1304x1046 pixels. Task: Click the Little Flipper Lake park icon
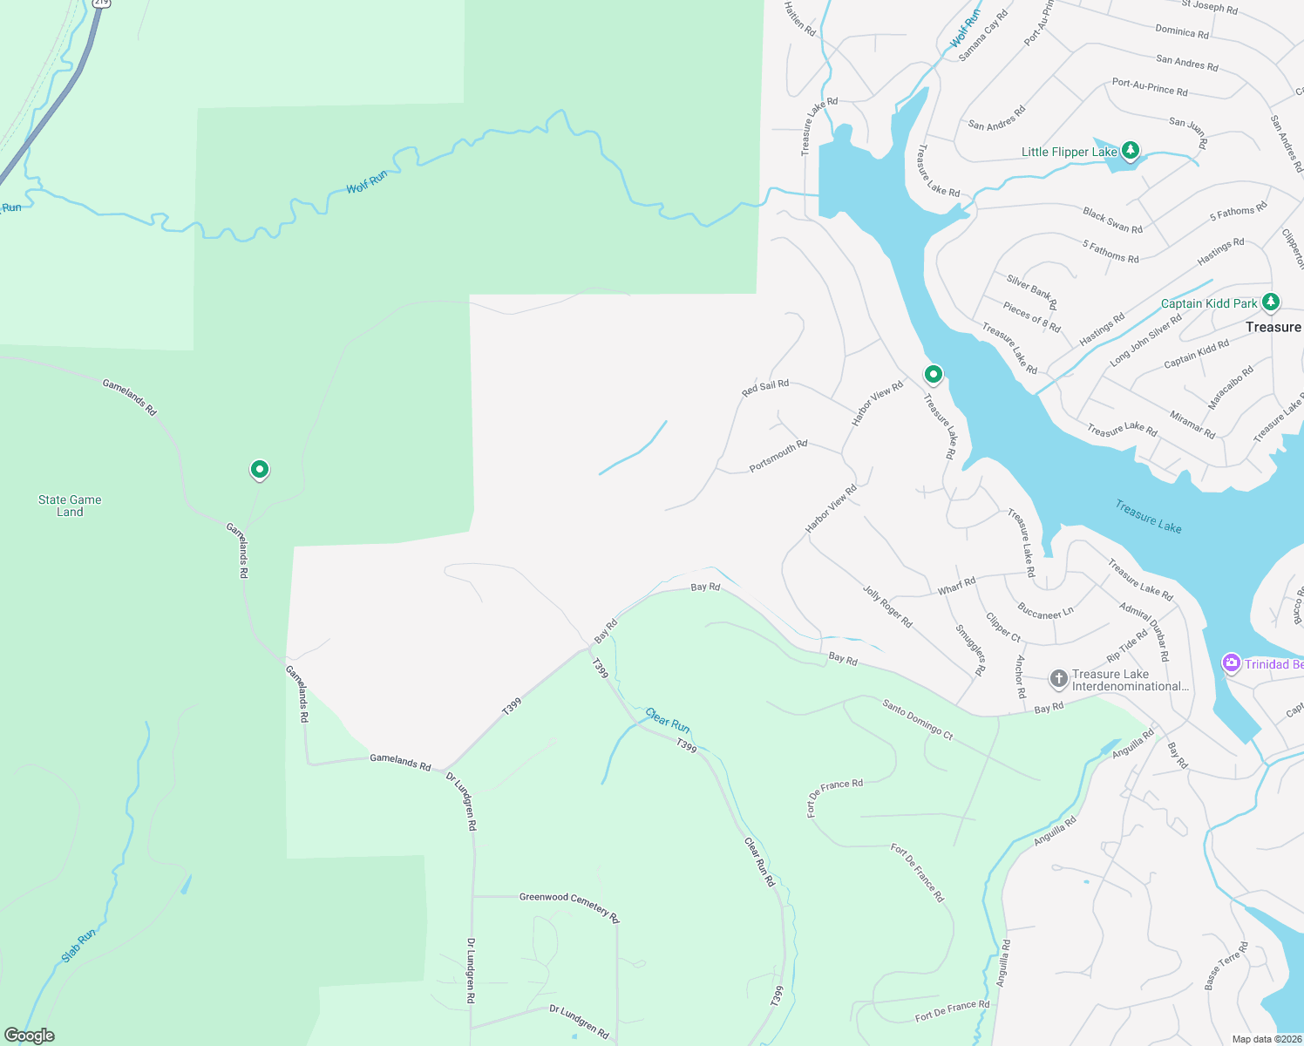(x=1131, y=151)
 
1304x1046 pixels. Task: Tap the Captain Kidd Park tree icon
(x=1271, y=302)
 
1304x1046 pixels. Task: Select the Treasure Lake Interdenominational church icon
(x=1058, y=679)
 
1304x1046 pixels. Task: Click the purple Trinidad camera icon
(x=1231, y=663)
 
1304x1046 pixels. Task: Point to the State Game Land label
(x=70, y=506)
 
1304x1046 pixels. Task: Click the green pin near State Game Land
(x=259, y=470)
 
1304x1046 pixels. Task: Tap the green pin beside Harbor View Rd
(x=934, y=375)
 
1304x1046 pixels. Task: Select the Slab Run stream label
(x=78, y=946)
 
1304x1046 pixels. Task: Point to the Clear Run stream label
(x=668, y=720)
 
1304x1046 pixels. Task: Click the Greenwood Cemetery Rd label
(x=569, y=906)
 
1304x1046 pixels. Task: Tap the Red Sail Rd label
(x=765, y=388)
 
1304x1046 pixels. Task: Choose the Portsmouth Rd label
(x=778, y=456)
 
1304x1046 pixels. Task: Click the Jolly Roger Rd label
(x=887, y=607)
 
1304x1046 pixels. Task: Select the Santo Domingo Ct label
(x=918, y=719)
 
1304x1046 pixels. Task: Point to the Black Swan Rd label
(x=1112, y=221)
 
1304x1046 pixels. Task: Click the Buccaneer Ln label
(x=1045, y=612)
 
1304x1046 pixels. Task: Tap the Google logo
(x=30, y=1036)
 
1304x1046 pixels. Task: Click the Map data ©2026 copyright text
(x=1266, y=1039)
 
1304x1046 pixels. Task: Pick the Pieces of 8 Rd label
(x=1031, y=317)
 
